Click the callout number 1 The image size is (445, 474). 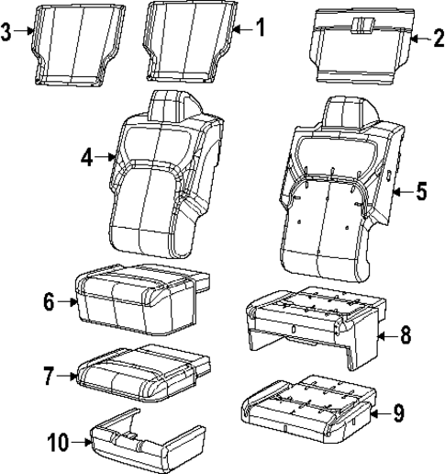pos(261,28)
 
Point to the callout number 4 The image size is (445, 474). pos(87,157)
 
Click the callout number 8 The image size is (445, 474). pos(404,336)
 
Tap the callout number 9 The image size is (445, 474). pos(399,414)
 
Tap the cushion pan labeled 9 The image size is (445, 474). pos(307,404)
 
